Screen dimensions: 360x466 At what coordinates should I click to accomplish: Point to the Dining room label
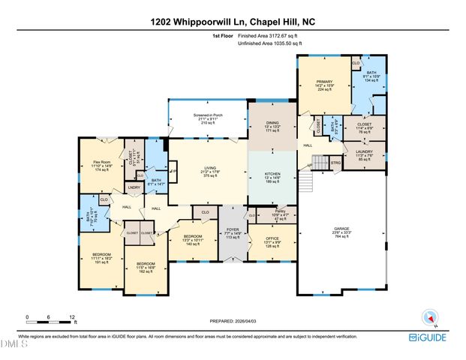[x=273, y=128]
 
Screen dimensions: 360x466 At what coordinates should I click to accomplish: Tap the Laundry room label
[x=364, y=154]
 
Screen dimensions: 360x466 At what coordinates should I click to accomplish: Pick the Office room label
[x=272, y=242]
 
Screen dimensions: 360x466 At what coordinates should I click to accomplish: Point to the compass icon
[x=429, y=317]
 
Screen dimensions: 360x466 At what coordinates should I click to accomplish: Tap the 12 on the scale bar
[x=72, y=317]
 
